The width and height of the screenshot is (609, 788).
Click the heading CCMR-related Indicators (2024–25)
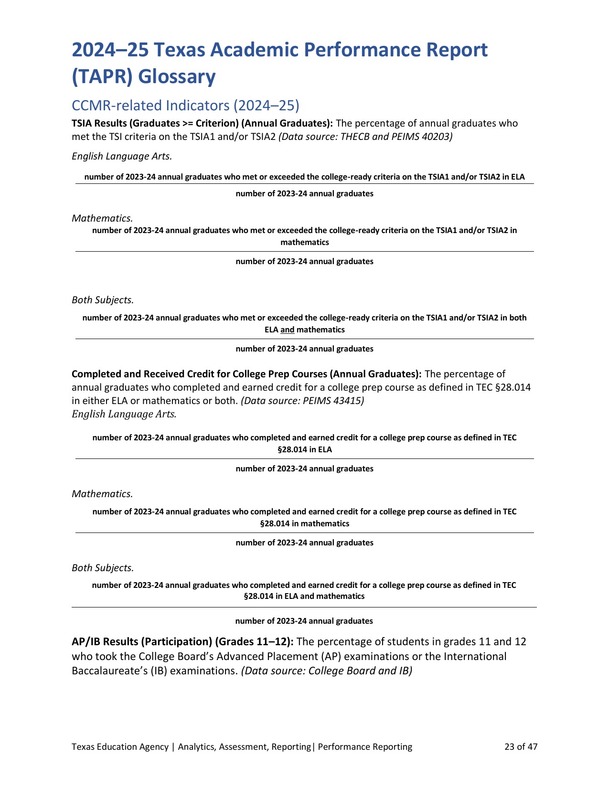(x=185, y=105)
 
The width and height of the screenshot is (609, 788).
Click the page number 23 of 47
(x=521, y=746)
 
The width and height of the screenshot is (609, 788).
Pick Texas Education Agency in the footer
(x=120, y=746)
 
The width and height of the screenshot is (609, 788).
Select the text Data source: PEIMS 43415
(x=302, y=401)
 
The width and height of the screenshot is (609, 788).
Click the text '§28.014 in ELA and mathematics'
(x=304, y=596)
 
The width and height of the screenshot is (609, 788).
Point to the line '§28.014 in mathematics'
(x=304, y=523)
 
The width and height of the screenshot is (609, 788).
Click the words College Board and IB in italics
(x=360, y=671)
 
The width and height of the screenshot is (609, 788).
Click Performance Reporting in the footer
(x=365, y=746)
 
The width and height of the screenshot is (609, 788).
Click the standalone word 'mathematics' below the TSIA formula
(x=304, y=242)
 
